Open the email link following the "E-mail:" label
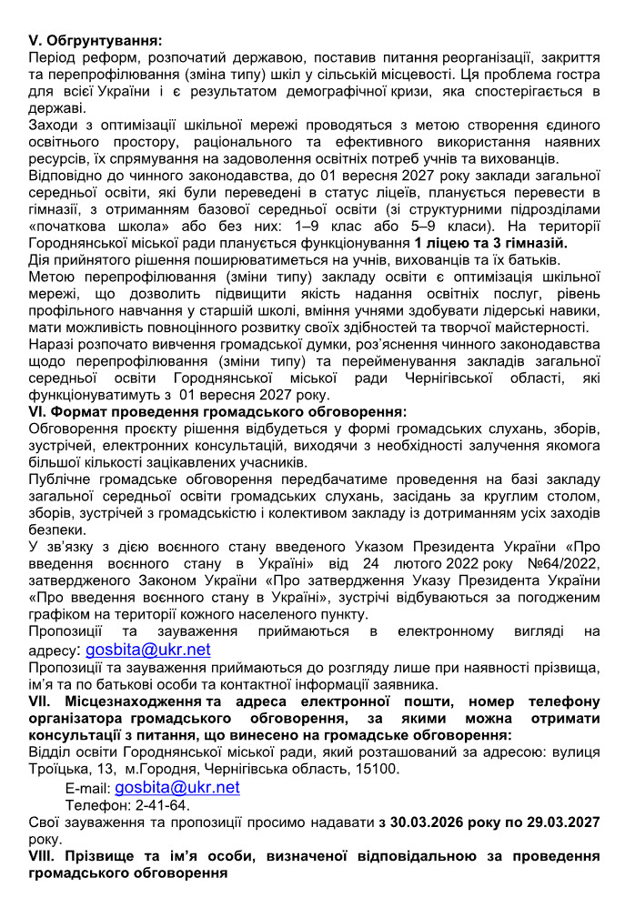177,788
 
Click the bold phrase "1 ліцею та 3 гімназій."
490,243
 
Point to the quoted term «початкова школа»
99,227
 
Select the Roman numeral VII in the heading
43,701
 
